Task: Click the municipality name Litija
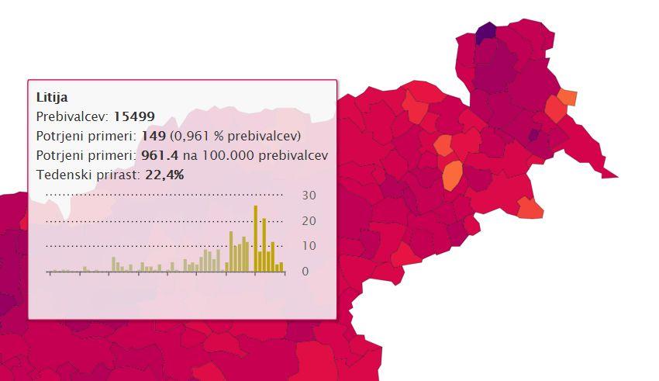click(x=52, y=98)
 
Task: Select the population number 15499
click(x=134, y=116)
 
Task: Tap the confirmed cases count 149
click(x=154, y=136)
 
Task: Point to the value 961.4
click(x=160, y=155)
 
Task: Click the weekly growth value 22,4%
click(x=164, y=175)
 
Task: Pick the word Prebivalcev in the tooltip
click(x=72, y=116)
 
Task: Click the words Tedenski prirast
click(x=88, y=175)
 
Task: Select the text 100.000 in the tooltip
click(x=228, y=155)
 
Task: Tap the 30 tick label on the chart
click(x=309, y=196)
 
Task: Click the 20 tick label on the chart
click(x=309, y=221)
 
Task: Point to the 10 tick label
click(x=309, y=245)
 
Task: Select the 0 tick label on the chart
click(x=305, y=272)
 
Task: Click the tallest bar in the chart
click(x=256, y=238)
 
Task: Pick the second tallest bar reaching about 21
click(x=264, y=244)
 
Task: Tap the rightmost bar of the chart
click(x=281, y=267)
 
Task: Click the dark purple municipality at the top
click(x=486, y=33)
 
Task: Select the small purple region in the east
click(x=533, y=135)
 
